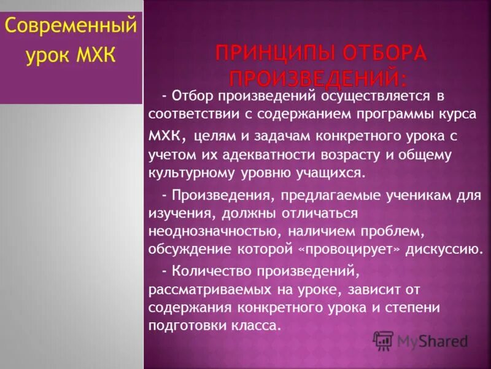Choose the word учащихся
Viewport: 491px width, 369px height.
coord(333,173)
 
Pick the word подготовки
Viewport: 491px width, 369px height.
coord(185,327)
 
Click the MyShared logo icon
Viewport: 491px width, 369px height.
coord(384,340)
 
